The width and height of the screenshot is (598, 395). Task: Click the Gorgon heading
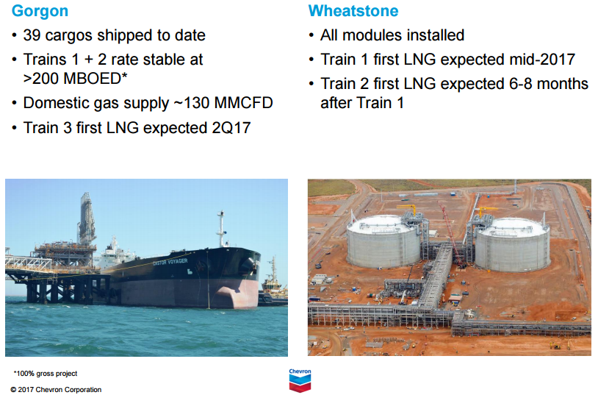point(40,11)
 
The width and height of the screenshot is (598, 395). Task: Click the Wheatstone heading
point(353,11)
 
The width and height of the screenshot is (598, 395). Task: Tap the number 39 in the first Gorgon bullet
point(32,35)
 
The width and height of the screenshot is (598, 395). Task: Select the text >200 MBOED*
point(75,78)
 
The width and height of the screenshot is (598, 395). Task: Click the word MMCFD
point(244,103)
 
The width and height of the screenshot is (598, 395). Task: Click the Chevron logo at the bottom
point(300,380)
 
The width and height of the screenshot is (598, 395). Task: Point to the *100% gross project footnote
point(46,374)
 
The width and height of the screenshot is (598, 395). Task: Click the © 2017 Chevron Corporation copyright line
point(56,390)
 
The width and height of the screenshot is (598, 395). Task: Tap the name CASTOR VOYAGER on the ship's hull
point(170,262)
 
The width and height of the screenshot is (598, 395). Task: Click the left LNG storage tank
point(384,241)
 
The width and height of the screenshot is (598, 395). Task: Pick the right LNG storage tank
point(512,244)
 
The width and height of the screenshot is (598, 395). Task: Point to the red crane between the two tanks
point(450,234)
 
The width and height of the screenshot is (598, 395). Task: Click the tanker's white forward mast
point(220,229)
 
